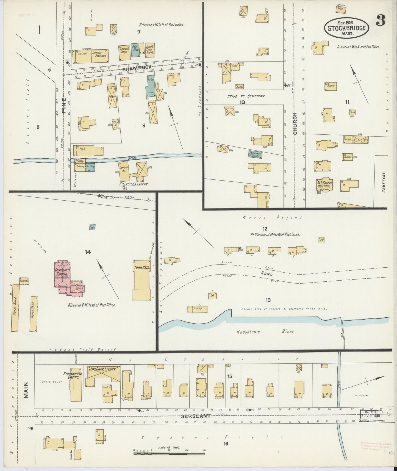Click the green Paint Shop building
[x=135, y=51]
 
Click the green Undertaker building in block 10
[x=256, y=154]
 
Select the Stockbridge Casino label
[x=71, y=375]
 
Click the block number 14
[x=88, y=252]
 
